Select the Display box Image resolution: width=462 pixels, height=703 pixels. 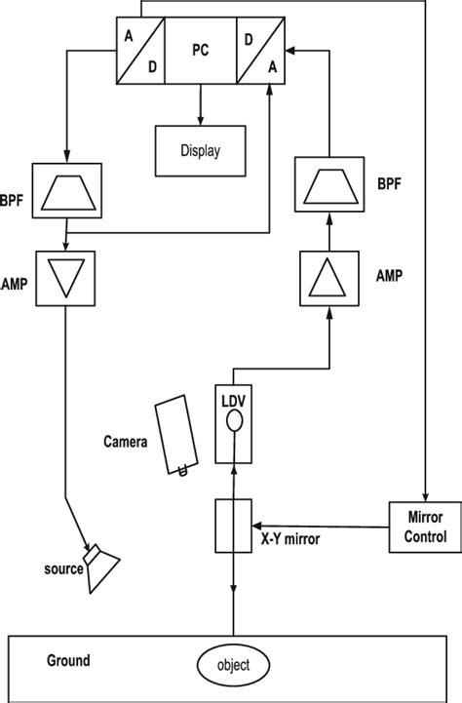[x=200, y=151]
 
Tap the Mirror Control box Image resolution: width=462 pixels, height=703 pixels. [x=424, y=527]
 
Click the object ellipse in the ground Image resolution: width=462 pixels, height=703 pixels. [x=233, y=665]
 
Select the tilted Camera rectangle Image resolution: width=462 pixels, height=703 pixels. [x=177, y=433]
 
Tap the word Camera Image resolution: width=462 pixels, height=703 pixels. [x=126, y=441]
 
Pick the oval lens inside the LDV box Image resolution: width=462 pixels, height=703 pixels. [x=233, y=422]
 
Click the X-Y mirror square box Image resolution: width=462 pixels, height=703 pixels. [x=233, y=526]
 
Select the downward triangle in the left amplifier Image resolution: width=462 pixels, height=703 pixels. [x=65, y=278]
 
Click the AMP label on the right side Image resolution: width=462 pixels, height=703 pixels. [x=391, y=276]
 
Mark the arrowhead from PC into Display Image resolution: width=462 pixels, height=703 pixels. [x=200, y=120]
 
